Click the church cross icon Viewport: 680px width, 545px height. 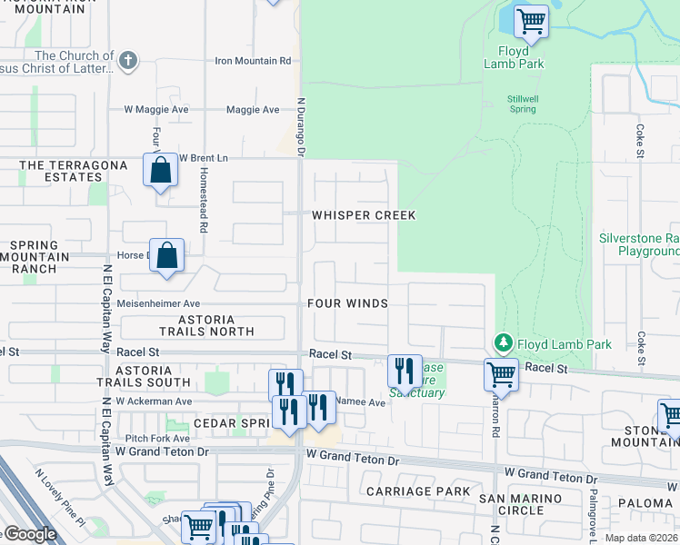pos(128,61)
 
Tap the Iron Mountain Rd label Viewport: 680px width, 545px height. pos(252,61)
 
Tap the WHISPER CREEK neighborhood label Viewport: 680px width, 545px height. pos(364,215)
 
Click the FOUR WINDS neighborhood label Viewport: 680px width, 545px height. pos(348,303)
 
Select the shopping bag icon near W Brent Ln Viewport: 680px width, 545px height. pos(160,170)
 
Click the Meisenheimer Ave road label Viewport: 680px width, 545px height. pos(158,303)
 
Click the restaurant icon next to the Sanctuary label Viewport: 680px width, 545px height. pos(405,371)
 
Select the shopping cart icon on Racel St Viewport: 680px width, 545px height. pos(501,373)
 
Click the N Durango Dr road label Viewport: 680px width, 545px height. pos(300,126)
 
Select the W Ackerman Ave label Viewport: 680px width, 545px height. pos(154,401)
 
